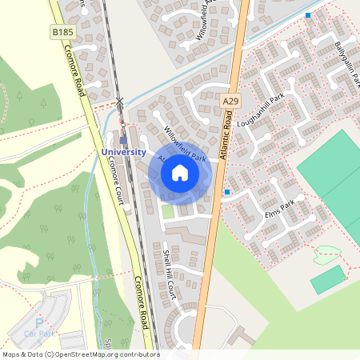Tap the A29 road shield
(x=230, y=99)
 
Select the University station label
(x=123, y=152)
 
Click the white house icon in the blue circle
(x=180, y=173)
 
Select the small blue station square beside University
(x=123, y=140)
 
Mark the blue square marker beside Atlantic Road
(x=227, y=192)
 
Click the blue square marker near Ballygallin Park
(x=308, y=15)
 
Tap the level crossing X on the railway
(x=120, y=101)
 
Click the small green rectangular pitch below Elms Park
(x=329, y=279)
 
